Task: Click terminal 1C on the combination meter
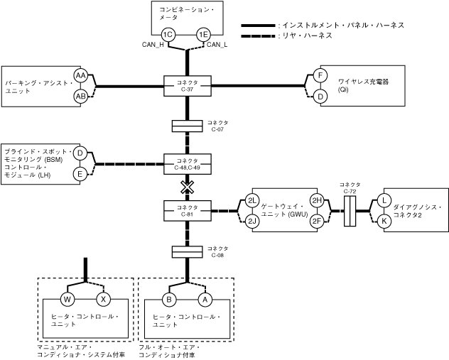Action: pos(168,35)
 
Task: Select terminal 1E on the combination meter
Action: pos(204,35)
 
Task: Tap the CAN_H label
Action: pos(153,46)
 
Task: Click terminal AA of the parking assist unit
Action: pos(81,76)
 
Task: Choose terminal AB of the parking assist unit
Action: pos(81,96)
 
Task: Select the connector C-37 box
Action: pos(187,86)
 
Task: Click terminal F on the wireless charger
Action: pos(320,76)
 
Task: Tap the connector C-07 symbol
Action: pos(187,126)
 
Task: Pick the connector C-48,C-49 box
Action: pos(187,164)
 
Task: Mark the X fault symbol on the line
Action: pos(187,187)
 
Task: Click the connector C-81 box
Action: pos(187,211)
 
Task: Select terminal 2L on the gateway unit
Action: pos(252,200)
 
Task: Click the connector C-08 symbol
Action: pos(187,252)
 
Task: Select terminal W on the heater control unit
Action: pos(69,298)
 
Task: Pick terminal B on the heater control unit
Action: pos(169,298)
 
